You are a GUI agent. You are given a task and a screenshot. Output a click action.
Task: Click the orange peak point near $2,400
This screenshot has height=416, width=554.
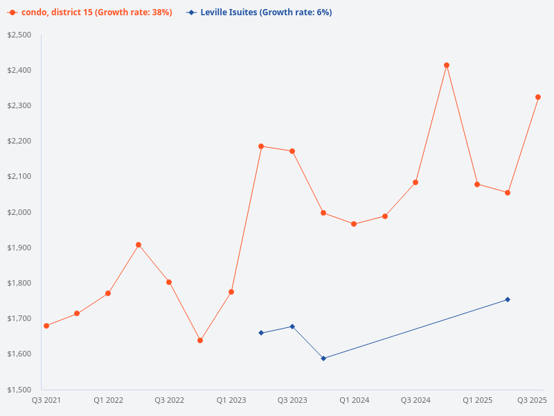click(447, 65)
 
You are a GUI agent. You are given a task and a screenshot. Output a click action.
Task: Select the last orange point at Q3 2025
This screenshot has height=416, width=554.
click(538, 97)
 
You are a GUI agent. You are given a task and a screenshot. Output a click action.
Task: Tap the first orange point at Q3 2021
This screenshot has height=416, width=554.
click(46, 326)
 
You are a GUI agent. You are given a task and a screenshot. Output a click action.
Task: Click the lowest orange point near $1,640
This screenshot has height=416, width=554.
click(200, 340)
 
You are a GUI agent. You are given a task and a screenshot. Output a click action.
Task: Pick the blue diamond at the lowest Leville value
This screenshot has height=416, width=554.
click(323, 358)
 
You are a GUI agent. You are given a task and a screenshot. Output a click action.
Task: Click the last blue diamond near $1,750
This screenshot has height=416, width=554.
click(508, 300)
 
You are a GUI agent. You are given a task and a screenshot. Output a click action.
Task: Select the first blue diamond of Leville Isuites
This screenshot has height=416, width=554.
click(261, 333)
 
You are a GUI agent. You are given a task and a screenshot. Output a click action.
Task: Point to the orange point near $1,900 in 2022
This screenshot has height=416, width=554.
click(138, 245)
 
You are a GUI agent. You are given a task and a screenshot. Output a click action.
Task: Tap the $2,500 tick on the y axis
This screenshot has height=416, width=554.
click(19, 35)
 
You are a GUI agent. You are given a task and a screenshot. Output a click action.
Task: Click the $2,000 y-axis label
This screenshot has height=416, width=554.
click(19, 212)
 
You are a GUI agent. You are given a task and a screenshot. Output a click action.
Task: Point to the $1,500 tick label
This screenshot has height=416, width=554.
click(19, 390)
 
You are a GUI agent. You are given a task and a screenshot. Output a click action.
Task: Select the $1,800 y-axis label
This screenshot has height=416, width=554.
click(19, 283)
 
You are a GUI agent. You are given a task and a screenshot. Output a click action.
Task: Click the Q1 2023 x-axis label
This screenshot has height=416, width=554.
click(231, 401)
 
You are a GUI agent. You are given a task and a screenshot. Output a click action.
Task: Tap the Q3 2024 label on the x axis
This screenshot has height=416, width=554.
click(415, 401)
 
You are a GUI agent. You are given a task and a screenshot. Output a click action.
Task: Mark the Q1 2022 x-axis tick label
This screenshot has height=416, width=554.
click(109, 401)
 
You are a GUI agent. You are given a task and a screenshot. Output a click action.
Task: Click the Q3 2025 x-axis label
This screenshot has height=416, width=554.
click(532, 401)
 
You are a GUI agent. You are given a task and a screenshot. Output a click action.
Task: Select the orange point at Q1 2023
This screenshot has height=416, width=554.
click(231, 292)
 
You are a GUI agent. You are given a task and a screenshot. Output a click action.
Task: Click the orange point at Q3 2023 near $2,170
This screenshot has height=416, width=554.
click(292, 151)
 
